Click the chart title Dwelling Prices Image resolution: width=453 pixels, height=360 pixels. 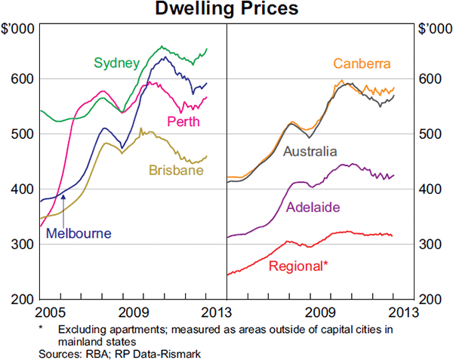coord(226,9)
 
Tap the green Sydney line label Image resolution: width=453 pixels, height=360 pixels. coord(116,62)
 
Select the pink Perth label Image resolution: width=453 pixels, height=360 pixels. coord(183,122)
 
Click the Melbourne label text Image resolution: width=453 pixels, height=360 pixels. coord(79,233)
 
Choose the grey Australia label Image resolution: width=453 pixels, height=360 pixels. coord(310,152)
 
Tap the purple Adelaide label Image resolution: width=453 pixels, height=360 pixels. coord(313,206)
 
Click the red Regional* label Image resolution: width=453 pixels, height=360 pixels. coord(298,265)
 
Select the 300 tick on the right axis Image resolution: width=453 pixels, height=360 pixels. coord(430,245)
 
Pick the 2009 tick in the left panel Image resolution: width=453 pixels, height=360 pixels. coord(135,311)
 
